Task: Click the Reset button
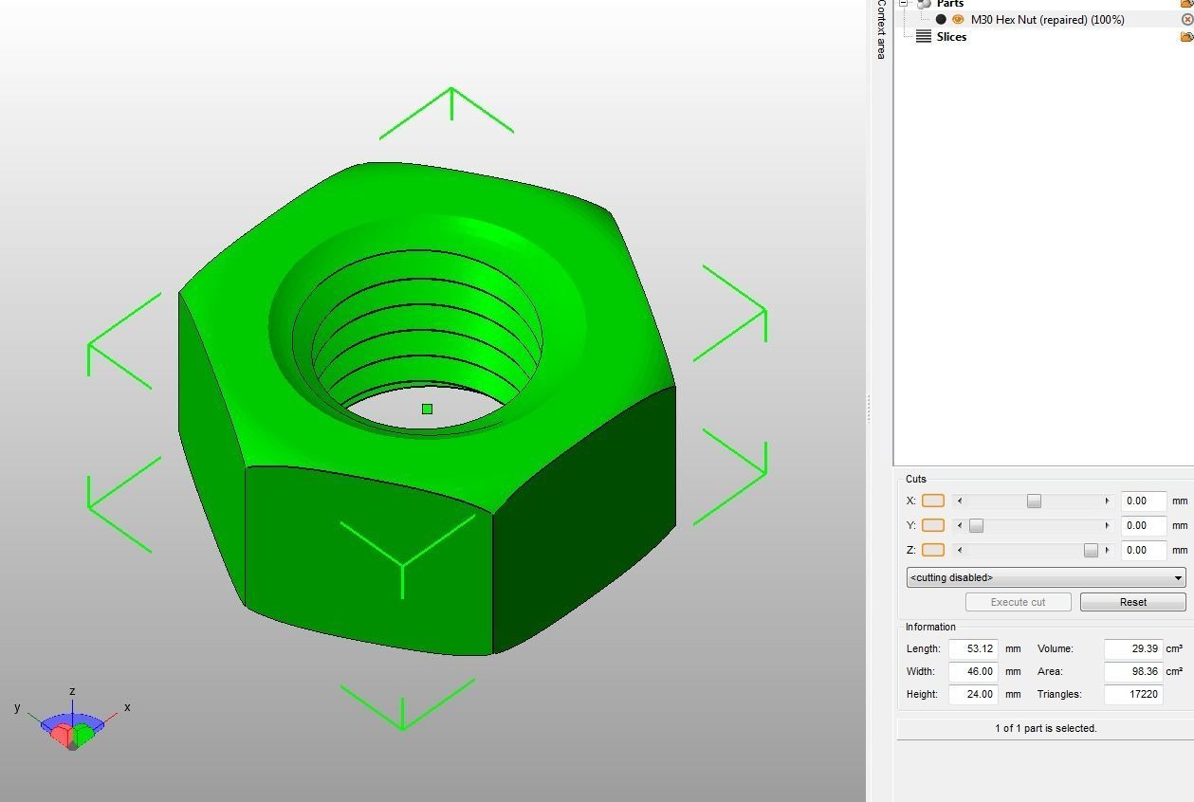(x=1132, y=602)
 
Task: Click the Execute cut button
(x=1018, y=602)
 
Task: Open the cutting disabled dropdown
(x=1045, y=577)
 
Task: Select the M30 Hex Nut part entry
(x=1047, y=19)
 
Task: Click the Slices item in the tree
(x=950, y=37)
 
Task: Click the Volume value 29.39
(x=1132, y=648)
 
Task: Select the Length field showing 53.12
(x=973, y=648)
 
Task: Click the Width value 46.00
(x=973, y=671)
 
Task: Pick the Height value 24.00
(x=973, y=694)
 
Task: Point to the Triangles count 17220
(x=1132, y=694)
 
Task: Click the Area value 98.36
(x=1132, y=671)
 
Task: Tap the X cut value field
(x=1143, y=501)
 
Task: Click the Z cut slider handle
(x=1091, y=550)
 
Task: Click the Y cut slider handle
(x=976, y=525)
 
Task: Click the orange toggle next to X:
(x=932, y=501)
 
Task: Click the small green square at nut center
(x=427, y=410)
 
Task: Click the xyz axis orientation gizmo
(x=72, y=725)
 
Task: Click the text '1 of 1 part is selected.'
(x=1045, y=728)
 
